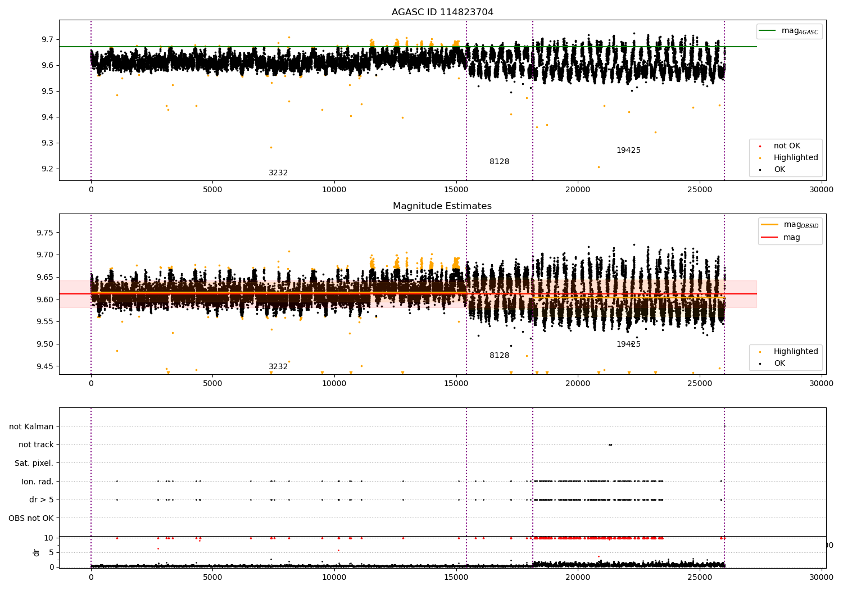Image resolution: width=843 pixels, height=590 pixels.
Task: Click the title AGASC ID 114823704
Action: click(442, 12)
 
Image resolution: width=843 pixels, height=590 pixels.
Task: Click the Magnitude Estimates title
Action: click(442, 206)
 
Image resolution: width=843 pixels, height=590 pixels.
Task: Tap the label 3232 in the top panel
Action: click(278, 173)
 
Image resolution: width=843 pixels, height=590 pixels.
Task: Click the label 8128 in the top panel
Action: click(499, 162)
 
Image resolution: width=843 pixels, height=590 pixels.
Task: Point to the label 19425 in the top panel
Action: click(628, 151)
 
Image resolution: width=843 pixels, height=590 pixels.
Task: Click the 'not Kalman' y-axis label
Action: click(31, 426)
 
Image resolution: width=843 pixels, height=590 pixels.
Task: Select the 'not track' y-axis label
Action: click(36, 445)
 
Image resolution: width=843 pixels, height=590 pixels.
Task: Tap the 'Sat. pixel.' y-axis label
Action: click(34, 463)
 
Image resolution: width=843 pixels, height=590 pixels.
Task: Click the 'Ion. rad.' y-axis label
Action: click(37, 482)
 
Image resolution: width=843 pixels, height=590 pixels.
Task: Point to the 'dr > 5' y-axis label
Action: click(41, 500)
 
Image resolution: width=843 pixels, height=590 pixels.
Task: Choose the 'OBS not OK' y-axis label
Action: click(31, 518)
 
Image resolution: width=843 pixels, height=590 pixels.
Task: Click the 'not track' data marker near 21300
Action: click(610, 444)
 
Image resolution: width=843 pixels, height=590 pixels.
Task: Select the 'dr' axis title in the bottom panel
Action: click(37, 552)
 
